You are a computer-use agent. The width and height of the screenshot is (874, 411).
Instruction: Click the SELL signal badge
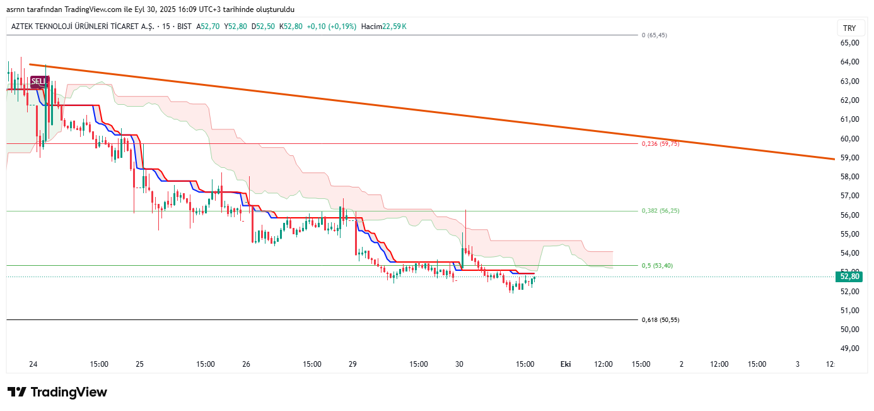(x=39, y=81)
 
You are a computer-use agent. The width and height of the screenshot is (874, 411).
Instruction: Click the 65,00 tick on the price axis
(x=849, y=43)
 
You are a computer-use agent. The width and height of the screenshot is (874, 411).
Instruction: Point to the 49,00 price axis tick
(x=849, y=348)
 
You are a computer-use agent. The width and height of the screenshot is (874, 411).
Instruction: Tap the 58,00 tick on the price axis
(x=849, y=177)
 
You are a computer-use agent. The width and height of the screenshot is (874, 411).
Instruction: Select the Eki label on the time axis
(x=566, y=364)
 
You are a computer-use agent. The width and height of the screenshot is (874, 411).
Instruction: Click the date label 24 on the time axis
(x=33, y=364)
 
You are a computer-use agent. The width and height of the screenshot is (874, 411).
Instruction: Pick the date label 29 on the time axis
(x=353, y=364)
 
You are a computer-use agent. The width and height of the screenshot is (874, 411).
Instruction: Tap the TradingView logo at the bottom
(x=57, y=392)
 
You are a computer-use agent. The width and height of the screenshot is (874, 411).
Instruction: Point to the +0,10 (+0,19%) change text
(x=332, y=27)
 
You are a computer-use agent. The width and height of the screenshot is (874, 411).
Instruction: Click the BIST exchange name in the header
(x=184, y=27)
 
